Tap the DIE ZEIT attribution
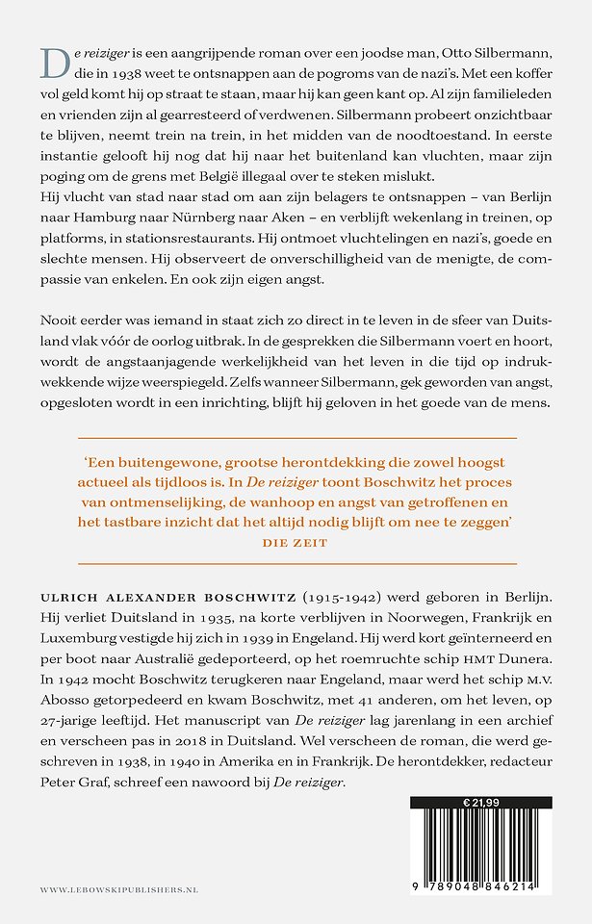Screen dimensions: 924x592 coord(296,542)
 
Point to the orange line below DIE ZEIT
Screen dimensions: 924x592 coord(296,563)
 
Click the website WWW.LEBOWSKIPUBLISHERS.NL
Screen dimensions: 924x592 coord(119,890)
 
